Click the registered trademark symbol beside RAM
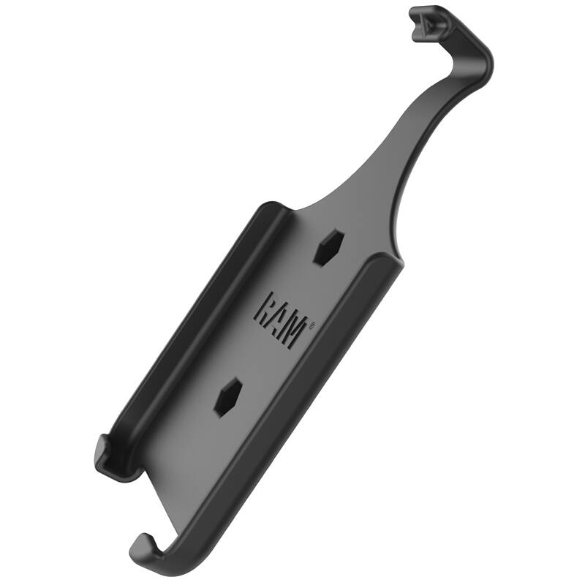(312, 326)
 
